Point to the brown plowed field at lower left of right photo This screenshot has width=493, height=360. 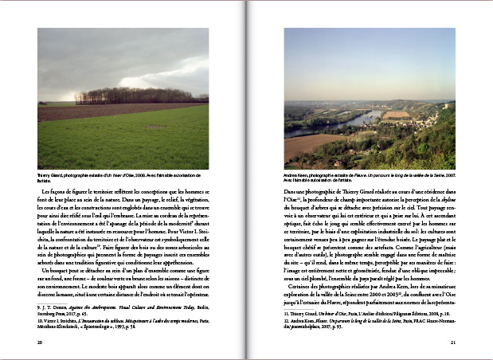point(307,146)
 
